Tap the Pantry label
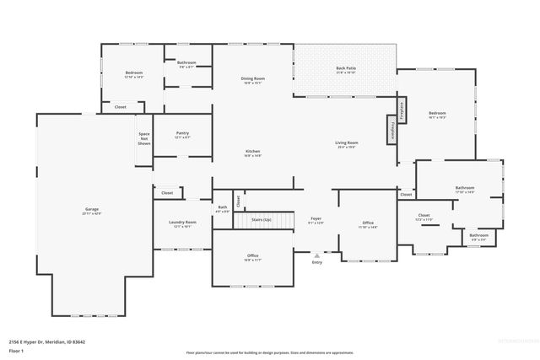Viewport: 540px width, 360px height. pos(182,133)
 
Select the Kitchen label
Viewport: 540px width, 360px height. pos(253,153)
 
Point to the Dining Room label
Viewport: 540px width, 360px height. pos(253,79)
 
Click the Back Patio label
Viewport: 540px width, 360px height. pos(345,69)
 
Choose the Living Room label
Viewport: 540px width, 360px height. pos(347,144)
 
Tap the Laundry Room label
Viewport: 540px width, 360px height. pos(182,223)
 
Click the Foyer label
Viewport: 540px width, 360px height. pos(316,219)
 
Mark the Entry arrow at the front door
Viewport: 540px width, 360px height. pos(317,255)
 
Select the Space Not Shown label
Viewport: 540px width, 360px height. pos(144,138)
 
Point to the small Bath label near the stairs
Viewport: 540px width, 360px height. pos(222,208)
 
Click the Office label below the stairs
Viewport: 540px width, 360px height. pos(252,256)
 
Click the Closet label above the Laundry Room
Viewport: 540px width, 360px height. pos(167,193)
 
